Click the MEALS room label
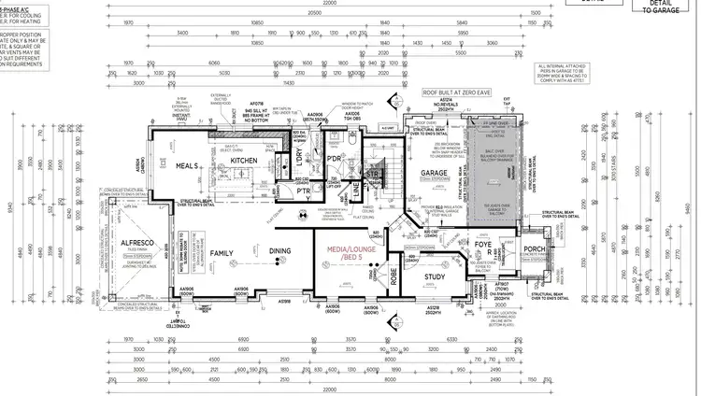187,166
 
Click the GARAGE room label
433,174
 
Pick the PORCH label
534,248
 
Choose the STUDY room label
433,276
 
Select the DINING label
280,250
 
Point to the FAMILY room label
222,253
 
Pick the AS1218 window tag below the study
433,306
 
